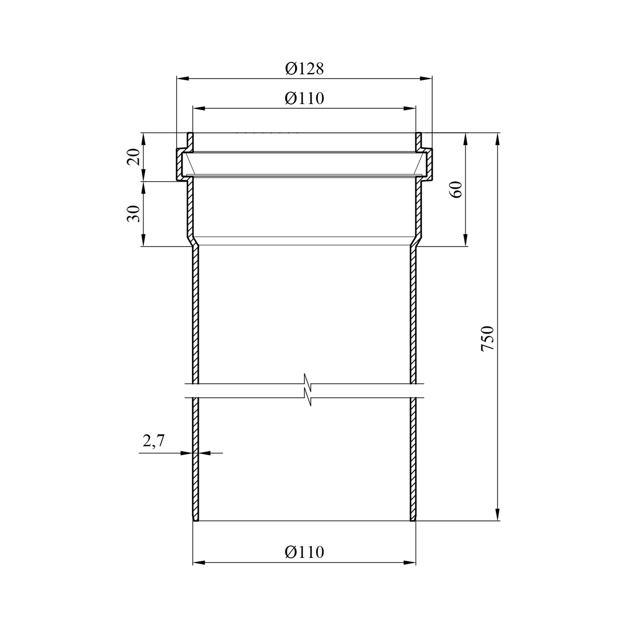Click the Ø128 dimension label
[304, 69]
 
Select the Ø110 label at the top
[304, 98]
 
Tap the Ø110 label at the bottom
[304, 552]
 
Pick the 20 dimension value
[133, 157]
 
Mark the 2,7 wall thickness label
[154, 441]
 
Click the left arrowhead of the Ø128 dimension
[182, 78]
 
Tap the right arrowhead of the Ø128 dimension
[426, 78]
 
